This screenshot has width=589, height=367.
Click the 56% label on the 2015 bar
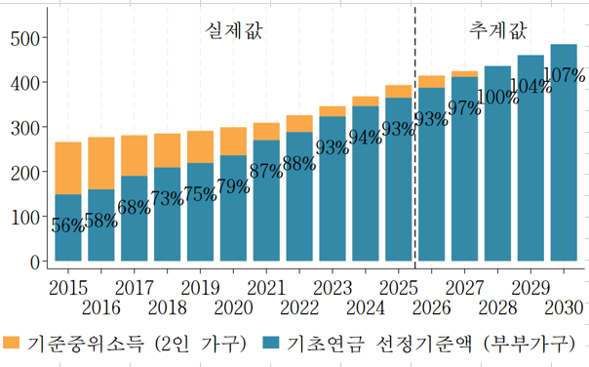point(67,224)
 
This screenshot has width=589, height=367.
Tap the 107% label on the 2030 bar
point(563,75)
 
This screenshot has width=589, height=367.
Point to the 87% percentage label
point(266,171)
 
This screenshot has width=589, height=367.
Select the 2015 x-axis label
point(67,288)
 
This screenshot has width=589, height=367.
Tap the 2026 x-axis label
point(431,308)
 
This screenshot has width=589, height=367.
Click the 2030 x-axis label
point(563,308)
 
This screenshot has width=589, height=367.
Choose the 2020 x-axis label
point(233,308)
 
